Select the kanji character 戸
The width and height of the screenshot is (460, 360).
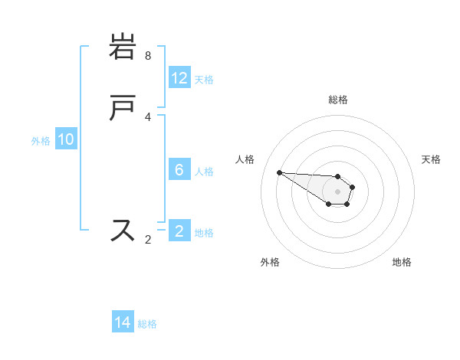123,109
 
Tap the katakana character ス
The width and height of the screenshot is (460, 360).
123,230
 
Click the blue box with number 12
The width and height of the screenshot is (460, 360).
179,78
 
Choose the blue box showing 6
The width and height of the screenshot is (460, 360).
179,170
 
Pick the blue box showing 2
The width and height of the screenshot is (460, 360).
179,231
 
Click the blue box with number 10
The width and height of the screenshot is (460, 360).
66,139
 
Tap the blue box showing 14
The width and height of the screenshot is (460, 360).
123,322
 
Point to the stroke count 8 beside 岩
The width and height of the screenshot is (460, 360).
148,56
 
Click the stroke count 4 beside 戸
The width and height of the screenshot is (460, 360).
148,117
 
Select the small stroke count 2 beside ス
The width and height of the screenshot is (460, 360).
148,240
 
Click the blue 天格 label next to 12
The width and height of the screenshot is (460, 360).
204,79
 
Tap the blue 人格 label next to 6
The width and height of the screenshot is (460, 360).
204,171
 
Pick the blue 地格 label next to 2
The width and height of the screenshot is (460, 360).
204,232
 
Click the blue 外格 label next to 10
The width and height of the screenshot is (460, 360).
41,140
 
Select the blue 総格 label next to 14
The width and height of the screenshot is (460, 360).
147,323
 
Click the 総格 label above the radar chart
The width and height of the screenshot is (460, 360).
338,100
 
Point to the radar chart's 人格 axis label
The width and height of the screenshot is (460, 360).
245,159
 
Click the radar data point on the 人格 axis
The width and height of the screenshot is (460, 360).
279,172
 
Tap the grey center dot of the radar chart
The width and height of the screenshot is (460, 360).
337,191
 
